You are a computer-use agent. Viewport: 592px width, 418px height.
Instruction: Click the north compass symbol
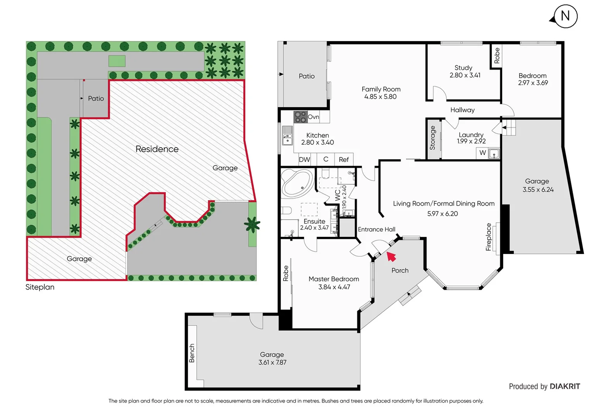pyautogui.click(x=565, y=16)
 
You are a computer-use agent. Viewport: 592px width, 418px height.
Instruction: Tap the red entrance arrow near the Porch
pyautogui.click(x=391, y=257)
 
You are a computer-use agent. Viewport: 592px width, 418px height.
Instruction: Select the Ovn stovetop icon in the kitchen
pyautogui.click(x=300, y=117)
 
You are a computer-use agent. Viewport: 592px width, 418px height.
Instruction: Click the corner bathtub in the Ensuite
pyautogui.click(x=297, y=183)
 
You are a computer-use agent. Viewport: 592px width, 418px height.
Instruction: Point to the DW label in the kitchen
pyautogui.click(x=305, y=159)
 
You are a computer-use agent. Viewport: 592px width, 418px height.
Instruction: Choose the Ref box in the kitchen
pyautogui.click(x=344, y=159)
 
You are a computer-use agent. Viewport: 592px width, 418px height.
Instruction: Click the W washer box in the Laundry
pyautogui.click(x=482, y=153)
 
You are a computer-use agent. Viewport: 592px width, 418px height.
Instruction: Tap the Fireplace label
pyautogui.click(x=489, y=237)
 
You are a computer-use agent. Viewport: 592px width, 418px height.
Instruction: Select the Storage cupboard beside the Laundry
pyautogui.click(x=433, y=138)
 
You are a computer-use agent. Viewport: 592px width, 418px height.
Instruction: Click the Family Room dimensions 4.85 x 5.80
pyautogui.click(x=380, y=97)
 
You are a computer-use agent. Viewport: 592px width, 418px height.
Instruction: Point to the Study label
pyautogui.click(x=463, y=68)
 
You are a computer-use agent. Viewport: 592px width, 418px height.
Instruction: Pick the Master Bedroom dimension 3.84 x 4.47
pyautogui.click(x=334, y=287)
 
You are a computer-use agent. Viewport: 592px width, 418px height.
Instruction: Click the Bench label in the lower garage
pyautogui.click(x=192, y=353)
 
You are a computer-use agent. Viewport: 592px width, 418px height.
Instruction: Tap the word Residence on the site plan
pyautogui.click(x=157, y=149)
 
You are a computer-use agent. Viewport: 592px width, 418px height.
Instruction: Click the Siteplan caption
pyautogui.click(x=40, y=287)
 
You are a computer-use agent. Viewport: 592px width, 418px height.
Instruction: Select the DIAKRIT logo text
pyautogui.click(x=564, y=386)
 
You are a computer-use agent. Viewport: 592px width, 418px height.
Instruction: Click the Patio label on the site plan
pyautogui.click(x=96, y=99)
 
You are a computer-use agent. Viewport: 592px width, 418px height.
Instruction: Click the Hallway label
pyautogui.click(x=462, y=110)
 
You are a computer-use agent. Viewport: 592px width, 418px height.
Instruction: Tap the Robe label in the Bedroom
pyautogui.click(x=497, y=56)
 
